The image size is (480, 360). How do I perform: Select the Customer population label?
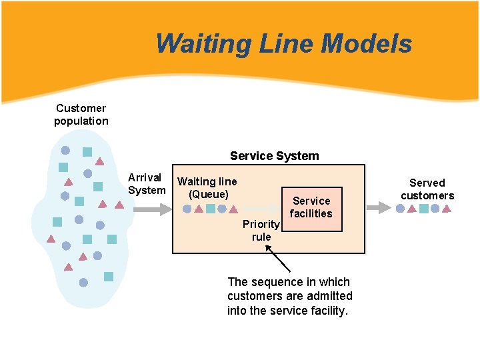(x=81, y=114)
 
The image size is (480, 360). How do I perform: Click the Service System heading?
(x=274, y=156)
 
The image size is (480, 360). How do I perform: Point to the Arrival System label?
(x=147, y=184)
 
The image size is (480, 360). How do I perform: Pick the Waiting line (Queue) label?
(x=207, y=187)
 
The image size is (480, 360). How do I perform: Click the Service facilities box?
(x=311, y=208)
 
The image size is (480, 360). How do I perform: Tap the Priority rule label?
(x=261, y=230)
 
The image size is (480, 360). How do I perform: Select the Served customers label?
(x=427, y=189)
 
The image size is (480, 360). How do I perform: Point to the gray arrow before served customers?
(x=379, y=208)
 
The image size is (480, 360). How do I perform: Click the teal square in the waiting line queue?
(x=210, y=209)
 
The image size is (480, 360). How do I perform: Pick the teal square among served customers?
(x=423, y=209)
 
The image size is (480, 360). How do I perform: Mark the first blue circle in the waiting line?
(x=187, y=209)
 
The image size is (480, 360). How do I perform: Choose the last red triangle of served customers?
(x=447, y=209)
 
